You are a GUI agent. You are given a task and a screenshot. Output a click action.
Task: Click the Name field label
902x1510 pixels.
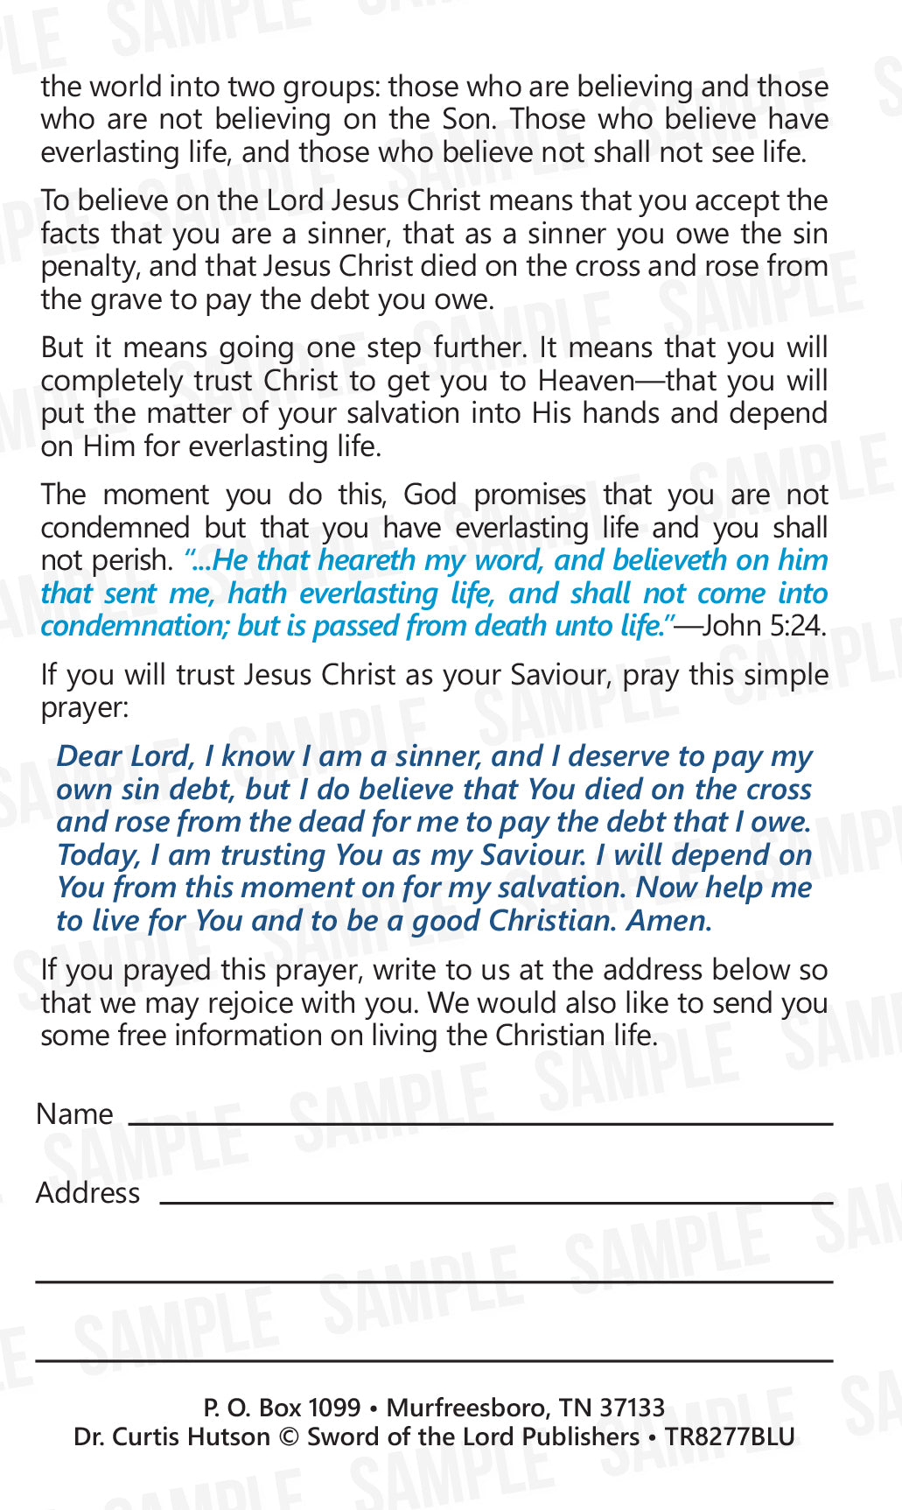74,1113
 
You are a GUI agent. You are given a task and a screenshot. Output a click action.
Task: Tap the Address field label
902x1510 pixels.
87,1192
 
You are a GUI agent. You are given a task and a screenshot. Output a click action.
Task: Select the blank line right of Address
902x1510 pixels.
495,1203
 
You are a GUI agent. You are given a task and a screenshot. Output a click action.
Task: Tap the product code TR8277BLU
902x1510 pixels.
730,1436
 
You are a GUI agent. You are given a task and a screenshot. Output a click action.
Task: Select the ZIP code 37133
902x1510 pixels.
632,1407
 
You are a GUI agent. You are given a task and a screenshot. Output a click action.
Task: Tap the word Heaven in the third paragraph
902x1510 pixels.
586,381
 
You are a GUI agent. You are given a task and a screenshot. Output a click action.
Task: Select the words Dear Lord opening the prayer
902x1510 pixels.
124,756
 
